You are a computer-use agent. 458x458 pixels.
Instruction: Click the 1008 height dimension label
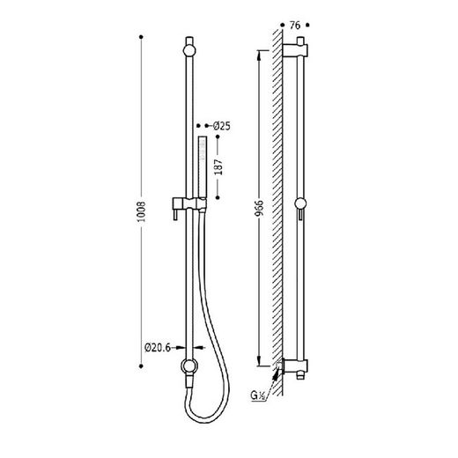142,211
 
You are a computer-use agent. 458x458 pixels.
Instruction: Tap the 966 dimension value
259,210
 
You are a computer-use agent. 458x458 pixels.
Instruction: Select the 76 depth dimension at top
295,26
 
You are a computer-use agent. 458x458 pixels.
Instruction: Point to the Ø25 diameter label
222,126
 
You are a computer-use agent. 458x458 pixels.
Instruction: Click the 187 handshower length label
218,167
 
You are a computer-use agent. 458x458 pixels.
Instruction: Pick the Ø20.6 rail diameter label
158,348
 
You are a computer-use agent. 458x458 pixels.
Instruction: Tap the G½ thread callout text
258,395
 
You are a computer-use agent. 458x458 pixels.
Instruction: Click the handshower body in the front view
202,166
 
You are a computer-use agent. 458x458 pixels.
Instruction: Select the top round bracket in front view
189,50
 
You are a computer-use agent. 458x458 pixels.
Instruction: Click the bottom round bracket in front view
189,366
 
